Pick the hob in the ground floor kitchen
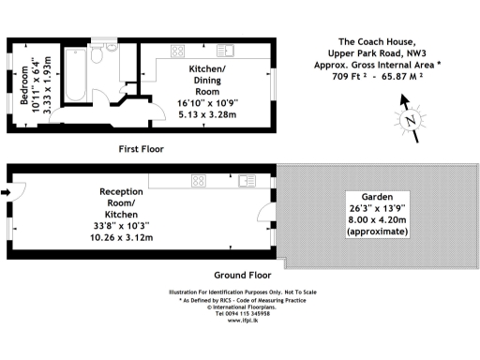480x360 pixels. coord(199,180)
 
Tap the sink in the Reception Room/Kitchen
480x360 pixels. coord(247,180)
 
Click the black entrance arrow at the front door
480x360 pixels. coord(7,194)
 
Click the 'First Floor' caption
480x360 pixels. coord(142,149)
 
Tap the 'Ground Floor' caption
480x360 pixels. coord(241,276)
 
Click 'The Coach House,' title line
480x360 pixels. coord(372,41)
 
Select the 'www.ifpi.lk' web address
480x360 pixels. coord(240,321)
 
